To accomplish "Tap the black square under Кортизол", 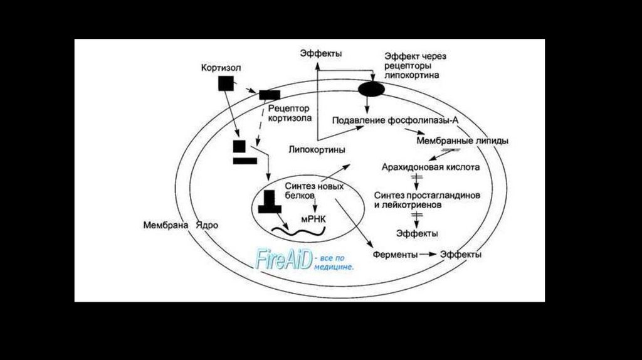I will (x=226, y=84).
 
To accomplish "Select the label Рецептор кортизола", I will (x=289, y=112).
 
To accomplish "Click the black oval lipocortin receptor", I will (x=371, y=89).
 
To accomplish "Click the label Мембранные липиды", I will (x=462, y=140).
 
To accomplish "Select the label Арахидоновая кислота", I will (x=431, y=167).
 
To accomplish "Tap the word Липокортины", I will (x=317, y=149).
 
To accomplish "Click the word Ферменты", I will (x=395, y=255).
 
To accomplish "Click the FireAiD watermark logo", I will (x=284, y=258).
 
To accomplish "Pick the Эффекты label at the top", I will (x=320, y=53).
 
